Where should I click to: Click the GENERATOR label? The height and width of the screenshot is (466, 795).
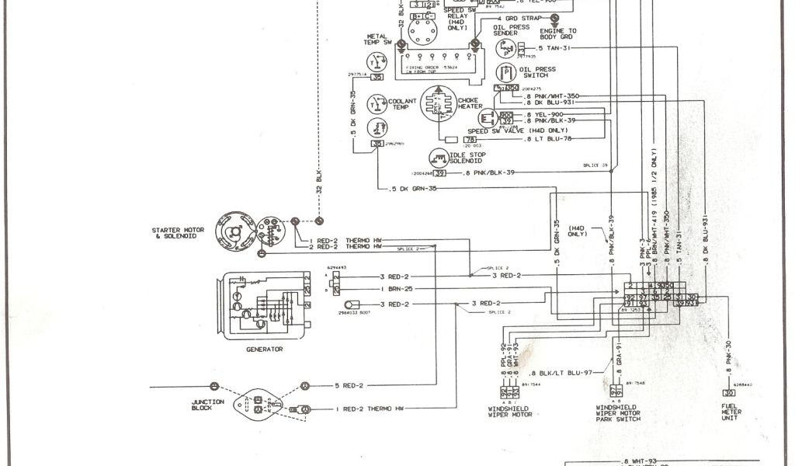[264, 349]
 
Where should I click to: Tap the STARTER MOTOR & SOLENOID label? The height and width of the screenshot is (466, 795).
[178, 233]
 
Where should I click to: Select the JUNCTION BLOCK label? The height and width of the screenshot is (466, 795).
[208, 404]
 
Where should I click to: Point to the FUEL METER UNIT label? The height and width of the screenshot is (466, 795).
[731, 412]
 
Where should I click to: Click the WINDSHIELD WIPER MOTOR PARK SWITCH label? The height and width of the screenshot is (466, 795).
[618, 413]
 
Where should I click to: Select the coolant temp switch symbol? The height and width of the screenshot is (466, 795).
[377, 103]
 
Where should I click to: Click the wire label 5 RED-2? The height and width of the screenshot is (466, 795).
[349, 385]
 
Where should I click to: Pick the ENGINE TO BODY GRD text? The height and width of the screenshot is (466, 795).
[557, 33]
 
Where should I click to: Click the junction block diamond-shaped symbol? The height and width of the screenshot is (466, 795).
[258, 403]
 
